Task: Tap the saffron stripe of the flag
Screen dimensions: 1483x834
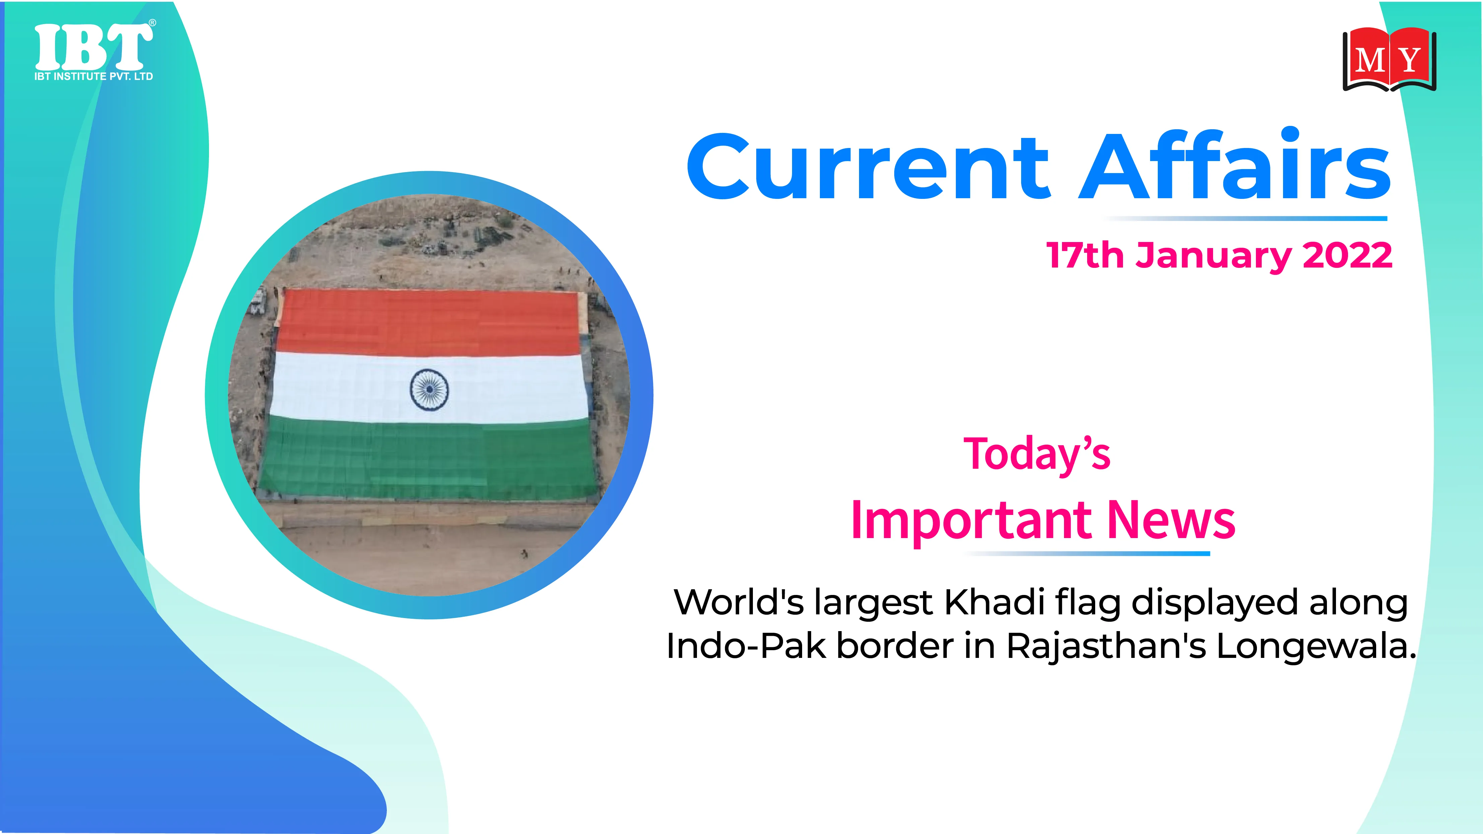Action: point(429,322)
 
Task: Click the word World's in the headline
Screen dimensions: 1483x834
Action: point(738,603)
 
